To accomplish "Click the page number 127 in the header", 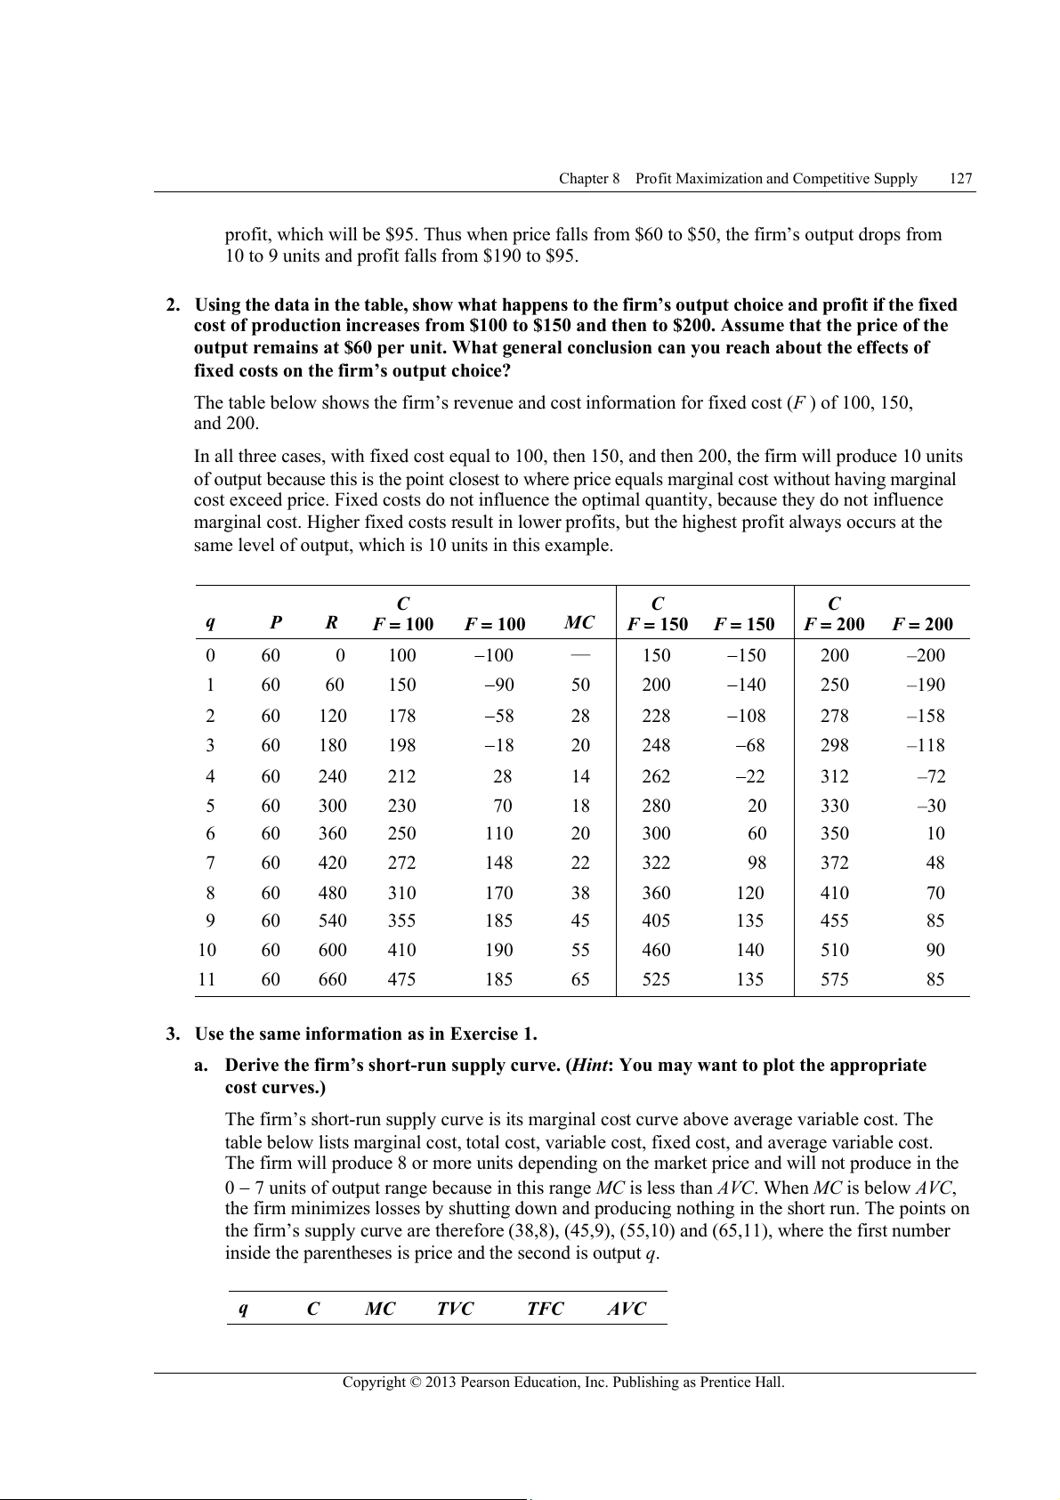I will click(961, 179).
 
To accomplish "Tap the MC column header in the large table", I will click(579, 623).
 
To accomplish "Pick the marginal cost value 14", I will click(580, 776).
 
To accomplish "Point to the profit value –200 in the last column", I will click(926, 656).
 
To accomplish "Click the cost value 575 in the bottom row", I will click(834, 979).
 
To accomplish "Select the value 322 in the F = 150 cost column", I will click(657, 863).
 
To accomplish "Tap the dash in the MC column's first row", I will click(580, 654).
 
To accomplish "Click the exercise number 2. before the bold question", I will click(174, 305).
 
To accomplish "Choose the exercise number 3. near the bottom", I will click(174, 1034).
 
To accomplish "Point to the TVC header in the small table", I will click(455, 1309).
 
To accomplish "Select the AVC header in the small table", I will click(627, 1309).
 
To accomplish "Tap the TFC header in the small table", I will click(545, 1309).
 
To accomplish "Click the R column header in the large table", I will click(331, 623).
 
